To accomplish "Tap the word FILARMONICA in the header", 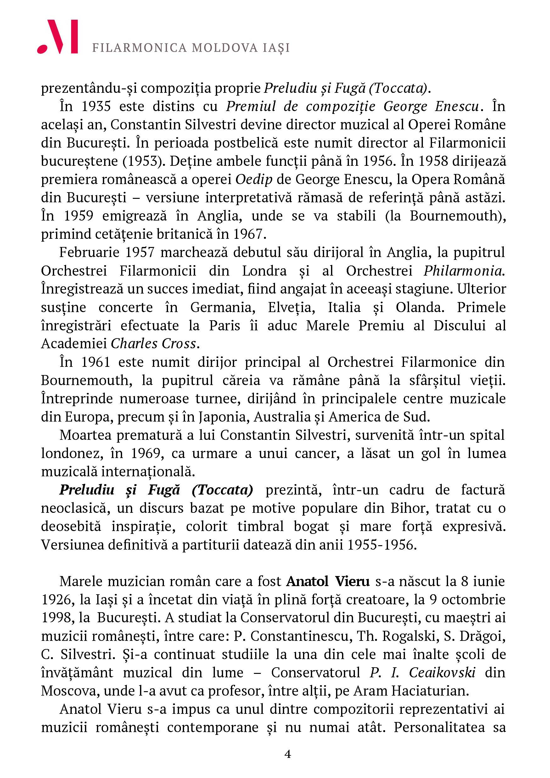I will [139, 48].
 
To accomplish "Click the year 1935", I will [96, 106].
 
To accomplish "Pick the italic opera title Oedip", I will [254, 179].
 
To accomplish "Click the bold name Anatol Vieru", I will [328, 581].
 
